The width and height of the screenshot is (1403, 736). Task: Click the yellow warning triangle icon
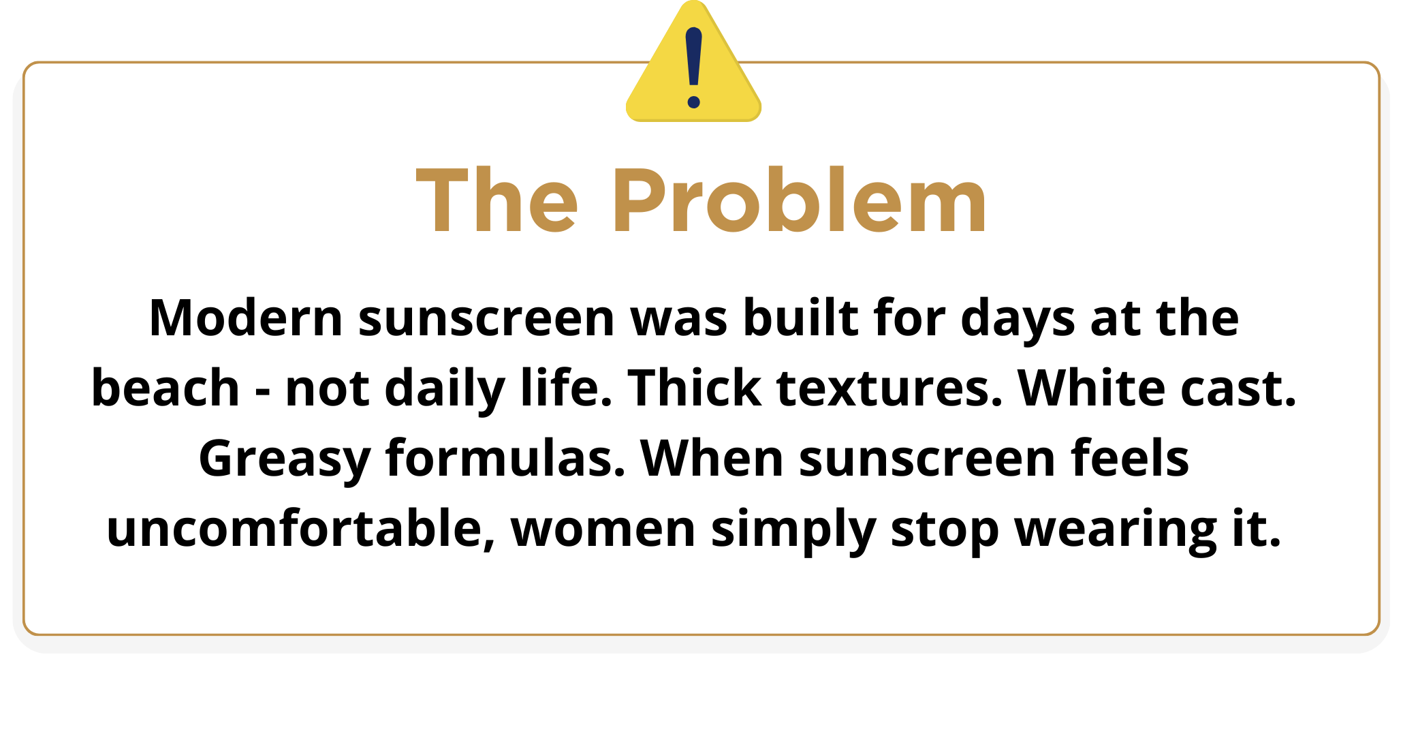pyautogui.click(x=693, y=68)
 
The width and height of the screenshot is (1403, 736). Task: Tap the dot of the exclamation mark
pyautogui.click(x=694, y=102)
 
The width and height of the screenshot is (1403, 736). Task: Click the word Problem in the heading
pyautogui.click(x=800, y=201)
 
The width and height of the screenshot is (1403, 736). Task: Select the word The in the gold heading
pyautogui.click(x=497, y=201)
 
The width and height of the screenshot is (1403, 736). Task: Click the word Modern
pyautogui.click(x=246, y=318)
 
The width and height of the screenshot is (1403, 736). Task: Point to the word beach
pyautogui.click(x=165, y=388)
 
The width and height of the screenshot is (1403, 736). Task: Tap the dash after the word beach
pyautogui.click(x=262, y=391)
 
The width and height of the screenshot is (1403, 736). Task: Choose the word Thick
pyautogui.click(x=694, y=388)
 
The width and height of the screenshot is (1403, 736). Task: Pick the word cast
pyautogui.click(x=1238, y=390)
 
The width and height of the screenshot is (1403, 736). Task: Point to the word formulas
pyautogui.click(x=505, y=458)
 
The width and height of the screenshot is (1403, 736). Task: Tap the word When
pyautogui.click(x=712, y=458)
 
